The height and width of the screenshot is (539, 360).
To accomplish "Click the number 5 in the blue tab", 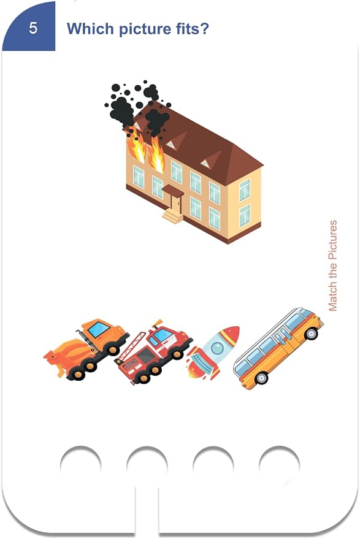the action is tap(33, 28).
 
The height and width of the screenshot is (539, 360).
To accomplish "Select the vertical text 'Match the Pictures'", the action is tap(333, 266).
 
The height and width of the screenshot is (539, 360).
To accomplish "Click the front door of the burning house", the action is tap(175, 204).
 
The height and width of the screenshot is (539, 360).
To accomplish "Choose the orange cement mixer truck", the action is tap(86, 349).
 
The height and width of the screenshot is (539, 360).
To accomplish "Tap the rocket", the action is tap(213, 353).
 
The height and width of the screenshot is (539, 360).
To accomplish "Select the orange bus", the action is tap(278, 348).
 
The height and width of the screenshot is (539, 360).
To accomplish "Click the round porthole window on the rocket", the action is tap(217, 348).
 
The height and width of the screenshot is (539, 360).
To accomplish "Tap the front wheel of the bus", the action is tap(312, 333).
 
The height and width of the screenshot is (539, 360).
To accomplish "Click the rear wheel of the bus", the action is tap(261, 378).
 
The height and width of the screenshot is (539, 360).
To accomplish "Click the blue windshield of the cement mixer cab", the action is tap(99, 329).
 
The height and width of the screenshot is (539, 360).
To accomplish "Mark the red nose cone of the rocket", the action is tap(231, 334).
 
